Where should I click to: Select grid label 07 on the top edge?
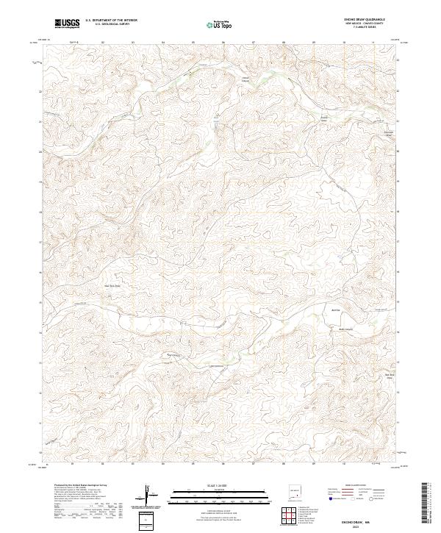tap(254, 42)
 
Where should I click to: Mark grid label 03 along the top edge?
tap(133, 42)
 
